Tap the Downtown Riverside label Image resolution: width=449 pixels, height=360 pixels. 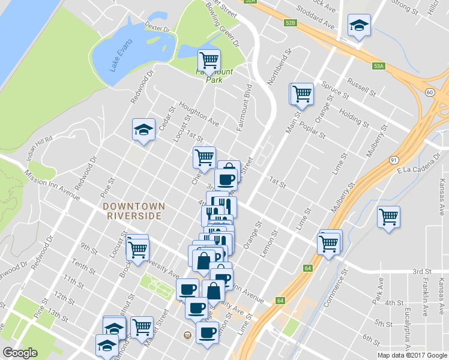coord(133,211)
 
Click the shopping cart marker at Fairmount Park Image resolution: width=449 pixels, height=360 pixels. coord(209,60)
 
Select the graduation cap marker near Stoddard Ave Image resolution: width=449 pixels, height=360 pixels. coord(358,26)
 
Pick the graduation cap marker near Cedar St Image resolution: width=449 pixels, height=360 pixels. coord(143,130)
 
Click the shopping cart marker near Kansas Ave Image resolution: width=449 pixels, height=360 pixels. coord(388,217)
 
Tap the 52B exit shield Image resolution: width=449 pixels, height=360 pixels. coord(291,22)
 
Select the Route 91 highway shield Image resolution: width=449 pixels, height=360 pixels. coord(393,160)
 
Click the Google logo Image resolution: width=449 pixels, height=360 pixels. coord(20,353)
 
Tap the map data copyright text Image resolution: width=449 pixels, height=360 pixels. coord(412,355)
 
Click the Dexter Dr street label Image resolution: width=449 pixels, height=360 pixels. coord(157,27)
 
